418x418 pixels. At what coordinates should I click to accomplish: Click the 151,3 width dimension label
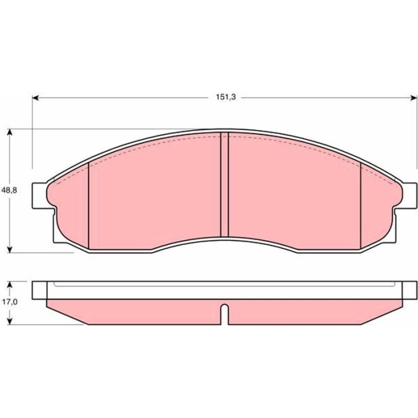(226, 97)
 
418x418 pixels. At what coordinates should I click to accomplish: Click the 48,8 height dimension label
(10, 190)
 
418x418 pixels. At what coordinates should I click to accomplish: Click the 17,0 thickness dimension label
(10, 302)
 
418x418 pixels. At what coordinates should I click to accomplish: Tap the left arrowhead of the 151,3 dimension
(36, 98)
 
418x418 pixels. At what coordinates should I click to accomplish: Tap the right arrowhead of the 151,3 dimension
(413, 98)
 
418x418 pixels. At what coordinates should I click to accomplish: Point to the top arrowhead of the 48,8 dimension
(10, 133)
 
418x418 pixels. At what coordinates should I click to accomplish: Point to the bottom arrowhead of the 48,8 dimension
(10, 249)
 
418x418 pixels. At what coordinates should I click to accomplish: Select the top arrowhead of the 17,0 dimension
(10, 285)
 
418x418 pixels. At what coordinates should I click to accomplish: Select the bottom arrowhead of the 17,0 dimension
(10, 321)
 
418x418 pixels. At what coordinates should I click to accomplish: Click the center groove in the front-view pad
(225, 185)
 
